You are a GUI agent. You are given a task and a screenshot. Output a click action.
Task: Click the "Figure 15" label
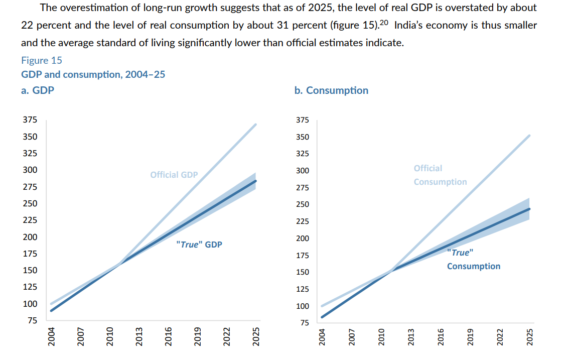click(x=42, y=60)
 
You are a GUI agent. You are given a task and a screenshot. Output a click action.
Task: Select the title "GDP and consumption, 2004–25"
click(x=93, y=75)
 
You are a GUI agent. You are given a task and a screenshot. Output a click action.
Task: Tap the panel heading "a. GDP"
click(x=38, y=91)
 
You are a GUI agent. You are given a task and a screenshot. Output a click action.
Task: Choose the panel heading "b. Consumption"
click(x=331, y=90)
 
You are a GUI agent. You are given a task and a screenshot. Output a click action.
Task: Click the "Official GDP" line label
click(x=174, y=175)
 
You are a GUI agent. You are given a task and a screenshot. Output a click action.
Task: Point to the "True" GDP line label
click(x=199, y=245)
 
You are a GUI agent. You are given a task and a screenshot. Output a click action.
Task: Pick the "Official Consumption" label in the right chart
click(x=440, y=175)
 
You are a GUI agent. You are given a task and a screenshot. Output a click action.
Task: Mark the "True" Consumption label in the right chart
click(x=473, y=260)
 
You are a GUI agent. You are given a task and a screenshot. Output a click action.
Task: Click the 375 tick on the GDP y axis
click(x=30, y=120)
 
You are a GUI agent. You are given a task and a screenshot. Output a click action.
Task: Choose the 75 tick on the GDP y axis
click(x=32, y=320)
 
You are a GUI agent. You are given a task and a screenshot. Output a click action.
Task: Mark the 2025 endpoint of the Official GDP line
click(x=256, y=124)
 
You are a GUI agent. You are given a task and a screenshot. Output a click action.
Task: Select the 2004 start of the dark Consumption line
click(x=322, y=317)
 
